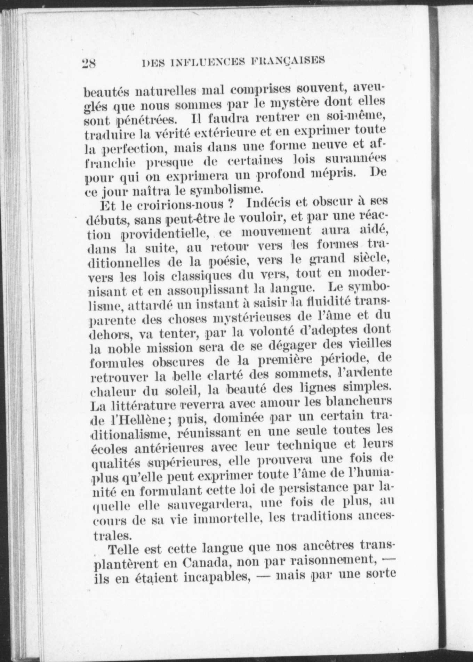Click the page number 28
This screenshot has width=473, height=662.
(x=90, y=63)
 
